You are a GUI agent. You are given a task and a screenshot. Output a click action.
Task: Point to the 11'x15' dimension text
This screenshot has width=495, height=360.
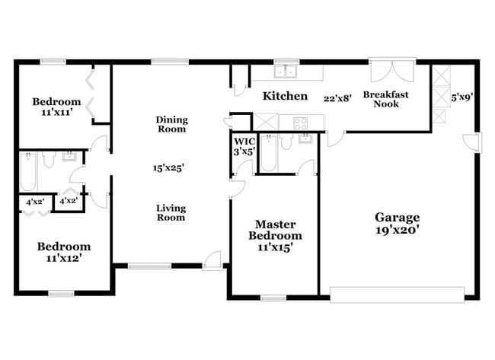(x=276, y=247)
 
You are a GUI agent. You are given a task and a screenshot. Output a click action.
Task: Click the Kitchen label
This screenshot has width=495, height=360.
(x=285, y=96)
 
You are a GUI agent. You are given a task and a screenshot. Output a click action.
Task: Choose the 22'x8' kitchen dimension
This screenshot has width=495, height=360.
(x=337, y=97)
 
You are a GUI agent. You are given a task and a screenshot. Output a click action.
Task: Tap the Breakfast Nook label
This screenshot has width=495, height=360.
(x=385, y=99)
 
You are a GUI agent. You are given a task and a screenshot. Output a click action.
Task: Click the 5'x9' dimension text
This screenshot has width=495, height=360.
(x=461, y=97)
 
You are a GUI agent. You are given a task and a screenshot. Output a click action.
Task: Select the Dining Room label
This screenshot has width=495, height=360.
(x=171, y=124)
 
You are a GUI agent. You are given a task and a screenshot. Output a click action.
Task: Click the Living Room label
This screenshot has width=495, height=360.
(x=171, y=212)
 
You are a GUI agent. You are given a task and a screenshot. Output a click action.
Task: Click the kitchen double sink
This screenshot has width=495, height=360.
(x=286, y=72)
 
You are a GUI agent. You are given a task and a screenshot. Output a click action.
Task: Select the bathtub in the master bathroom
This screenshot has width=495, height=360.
(x=268, y=152)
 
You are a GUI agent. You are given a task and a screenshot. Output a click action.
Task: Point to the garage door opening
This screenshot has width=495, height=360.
(x=397, y=295)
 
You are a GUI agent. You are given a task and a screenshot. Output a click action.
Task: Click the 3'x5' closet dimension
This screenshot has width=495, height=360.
(x=244, y=151)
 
